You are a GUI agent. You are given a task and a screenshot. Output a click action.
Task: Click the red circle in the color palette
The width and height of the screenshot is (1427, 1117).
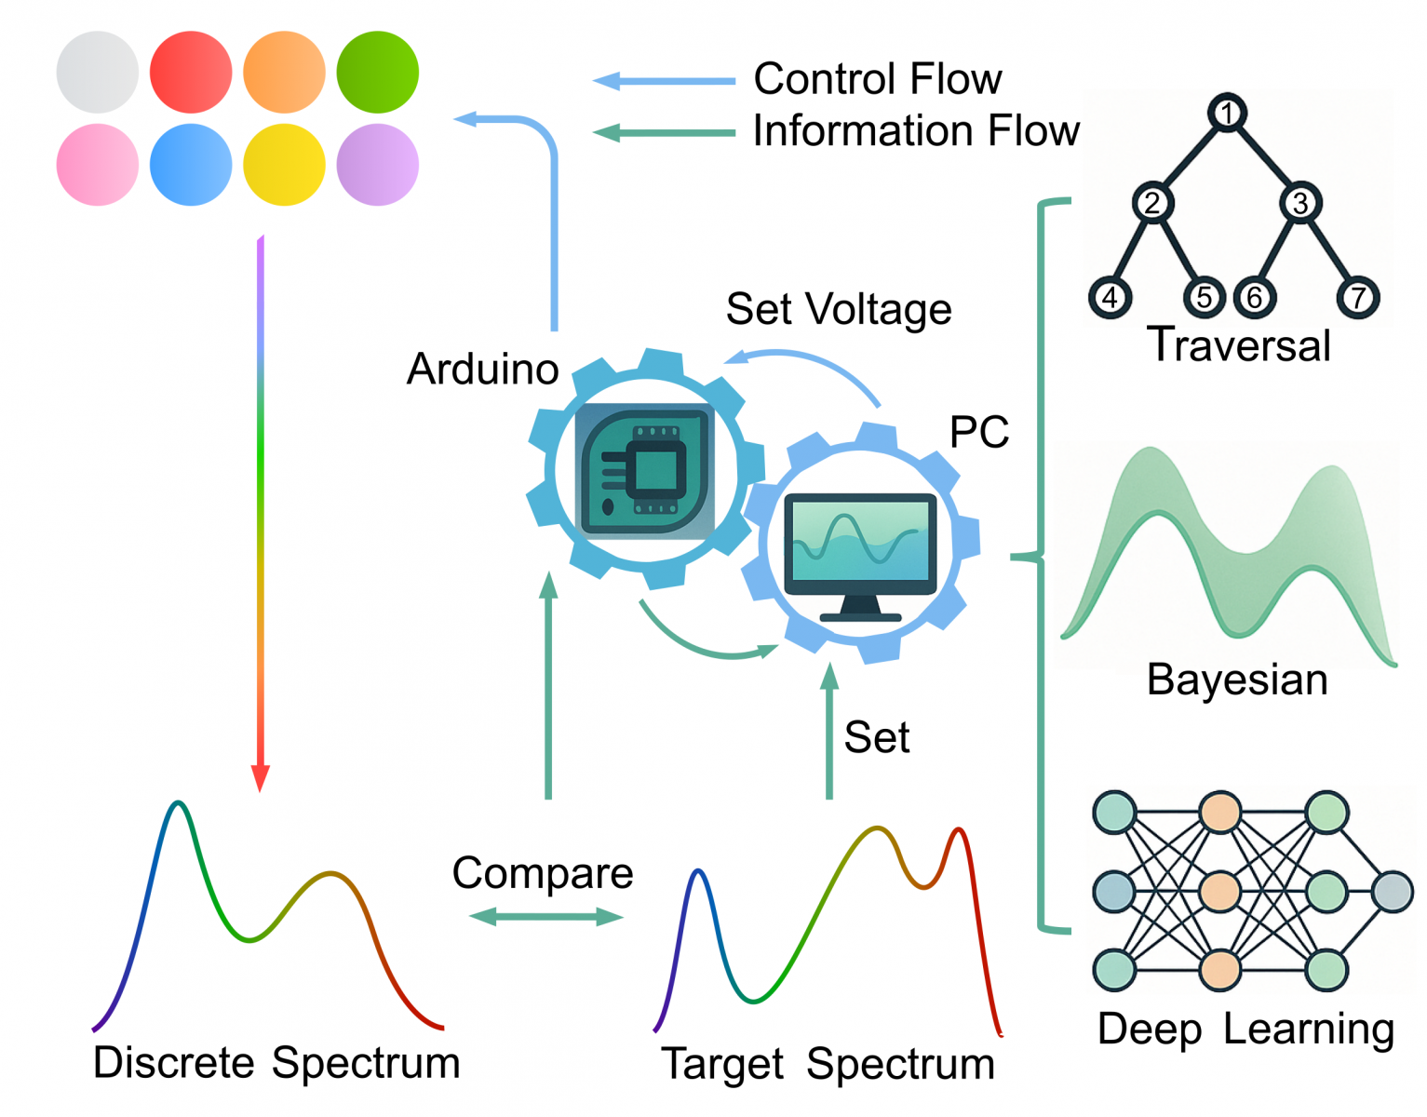click(x=191, y=73)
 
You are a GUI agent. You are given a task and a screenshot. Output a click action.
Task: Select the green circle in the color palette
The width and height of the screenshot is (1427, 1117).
click(x=377, y=73)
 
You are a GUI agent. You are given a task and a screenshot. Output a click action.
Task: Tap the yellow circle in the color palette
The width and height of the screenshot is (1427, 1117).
click(x=284, y=165)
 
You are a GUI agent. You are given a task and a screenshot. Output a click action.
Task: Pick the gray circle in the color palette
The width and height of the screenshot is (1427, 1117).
click(x=98, y=73)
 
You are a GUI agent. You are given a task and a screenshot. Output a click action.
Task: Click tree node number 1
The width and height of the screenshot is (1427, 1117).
click(x=1227, y=114)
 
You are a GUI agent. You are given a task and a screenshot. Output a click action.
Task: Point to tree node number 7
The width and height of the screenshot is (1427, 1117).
click(x=1357, y=298)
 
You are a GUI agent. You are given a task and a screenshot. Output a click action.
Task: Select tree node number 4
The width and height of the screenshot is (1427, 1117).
click(x=1110, y=298)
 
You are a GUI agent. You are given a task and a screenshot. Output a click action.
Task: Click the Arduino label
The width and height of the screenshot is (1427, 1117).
click(x=482, y=370)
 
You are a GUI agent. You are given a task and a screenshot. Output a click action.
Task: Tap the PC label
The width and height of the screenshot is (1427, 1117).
click(x=979, y=432)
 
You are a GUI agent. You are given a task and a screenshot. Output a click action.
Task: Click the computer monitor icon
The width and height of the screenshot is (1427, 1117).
click(x=860, y=555)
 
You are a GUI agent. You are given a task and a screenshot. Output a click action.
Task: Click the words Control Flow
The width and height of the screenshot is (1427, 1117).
click(x=877, y=79)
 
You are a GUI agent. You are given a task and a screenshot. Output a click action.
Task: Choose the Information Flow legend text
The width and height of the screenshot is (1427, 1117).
click(x=916, y=131)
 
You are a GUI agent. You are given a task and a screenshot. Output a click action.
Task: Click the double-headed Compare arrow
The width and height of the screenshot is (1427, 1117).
click(x=545, y=918)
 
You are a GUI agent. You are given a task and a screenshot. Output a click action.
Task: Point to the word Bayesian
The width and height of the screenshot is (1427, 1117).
click(x=1237, y=680)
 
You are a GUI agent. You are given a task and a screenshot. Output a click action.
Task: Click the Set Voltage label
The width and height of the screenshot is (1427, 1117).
click(x=839, y=309)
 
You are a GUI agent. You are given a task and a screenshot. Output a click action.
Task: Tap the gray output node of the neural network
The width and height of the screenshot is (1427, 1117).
click(x=1393, y=892)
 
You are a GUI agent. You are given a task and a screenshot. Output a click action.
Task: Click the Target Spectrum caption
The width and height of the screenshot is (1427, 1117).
click(x=828, y=1064)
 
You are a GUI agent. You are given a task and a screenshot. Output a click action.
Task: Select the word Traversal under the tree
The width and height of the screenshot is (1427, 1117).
click(x=1238, y=345)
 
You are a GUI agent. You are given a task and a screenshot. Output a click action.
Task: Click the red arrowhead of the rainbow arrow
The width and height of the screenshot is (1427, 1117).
click(x=261, y=778)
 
